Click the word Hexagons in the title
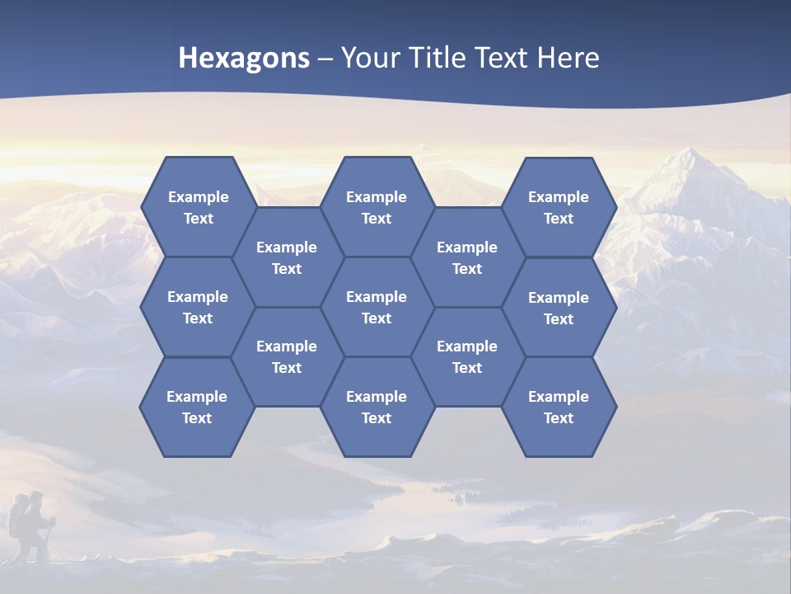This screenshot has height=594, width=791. click(x=244, y=58)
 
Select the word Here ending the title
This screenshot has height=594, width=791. click(x=568, y=58)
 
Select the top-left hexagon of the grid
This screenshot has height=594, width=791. click(x=198, y=207)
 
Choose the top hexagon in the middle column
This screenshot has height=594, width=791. click(x=377, y=207)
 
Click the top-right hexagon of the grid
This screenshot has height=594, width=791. click(x=559, y=207)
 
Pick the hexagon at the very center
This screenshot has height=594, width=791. click(x=377, y=307)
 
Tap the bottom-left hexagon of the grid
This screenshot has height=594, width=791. click(x=197, y=407)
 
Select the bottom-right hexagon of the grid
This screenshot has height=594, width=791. click(x=559, y=407)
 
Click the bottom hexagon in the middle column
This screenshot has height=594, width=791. click(x=377, y=407)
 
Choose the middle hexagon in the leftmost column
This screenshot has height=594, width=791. click(x=198, y=307)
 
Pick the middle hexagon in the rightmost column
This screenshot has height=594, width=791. click(x=559, y=308)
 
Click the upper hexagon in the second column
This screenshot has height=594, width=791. click(x=287, y=257)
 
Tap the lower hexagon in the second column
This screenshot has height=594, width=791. click(x=287, y=356)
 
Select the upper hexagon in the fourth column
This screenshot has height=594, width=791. click(x=467, y=257)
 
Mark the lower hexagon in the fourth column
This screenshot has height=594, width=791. click(x=467, y=356)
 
